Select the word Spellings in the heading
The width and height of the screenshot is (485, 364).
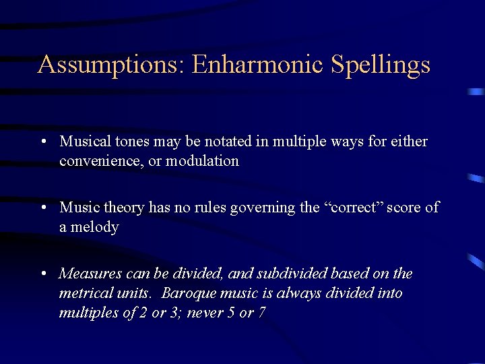(x=381, y=65)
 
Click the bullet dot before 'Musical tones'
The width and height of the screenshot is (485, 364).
(x=42, y=142)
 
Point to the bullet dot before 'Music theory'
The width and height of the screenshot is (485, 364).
(x=42, y=208)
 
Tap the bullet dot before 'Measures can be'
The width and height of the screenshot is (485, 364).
(x=42, y=274)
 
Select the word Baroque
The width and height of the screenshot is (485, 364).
(x=191, y=293)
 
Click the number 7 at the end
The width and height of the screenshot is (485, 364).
(x=261, y=313)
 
